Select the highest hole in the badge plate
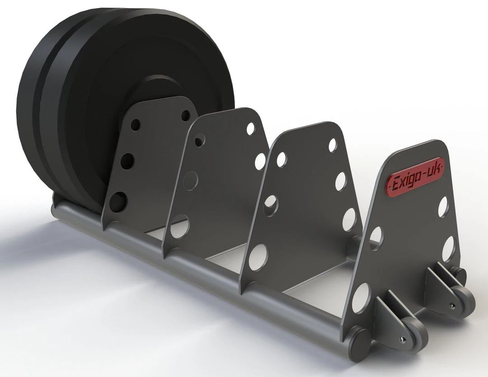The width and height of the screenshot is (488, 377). point(443,206)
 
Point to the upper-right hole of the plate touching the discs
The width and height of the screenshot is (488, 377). point(185,115)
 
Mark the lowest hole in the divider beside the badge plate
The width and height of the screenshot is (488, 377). point(258,257)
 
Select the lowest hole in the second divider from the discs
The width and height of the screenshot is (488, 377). point(180,226)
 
